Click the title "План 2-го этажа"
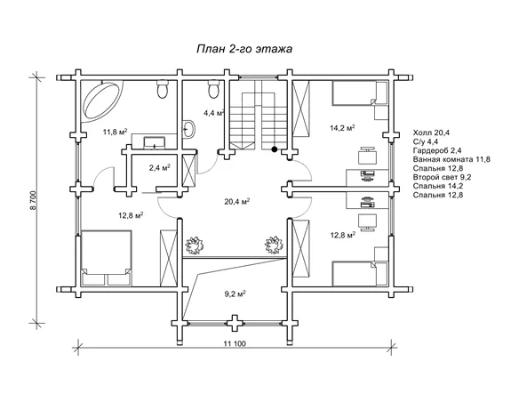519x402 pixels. point(244,49)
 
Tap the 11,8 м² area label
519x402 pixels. point(116,132)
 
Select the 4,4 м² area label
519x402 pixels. point(214,113)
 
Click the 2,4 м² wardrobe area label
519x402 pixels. point(160,167)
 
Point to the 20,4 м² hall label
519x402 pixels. point(237,201)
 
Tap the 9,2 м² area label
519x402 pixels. point(235,293)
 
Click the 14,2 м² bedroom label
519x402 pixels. point(342,127)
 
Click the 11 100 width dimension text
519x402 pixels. point(235,343)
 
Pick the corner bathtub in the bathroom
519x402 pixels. point(101,100)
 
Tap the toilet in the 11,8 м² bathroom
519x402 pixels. point(162,90)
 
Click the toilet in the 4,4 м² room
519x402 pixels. point(213,90)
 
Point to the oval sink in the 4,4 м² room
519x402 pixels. point(189,128)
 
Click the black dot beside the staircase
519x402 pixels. point(274,149)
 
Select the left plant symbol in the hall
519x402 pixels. point(194,245)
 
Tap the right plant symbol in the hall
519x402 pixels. point(274,245)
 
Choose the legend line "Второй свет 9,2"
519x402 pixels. point(442,177)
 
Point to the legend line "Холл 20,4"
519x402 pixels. point(431,133)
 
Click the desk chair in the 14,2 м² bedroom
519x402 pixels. point(368,155)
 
